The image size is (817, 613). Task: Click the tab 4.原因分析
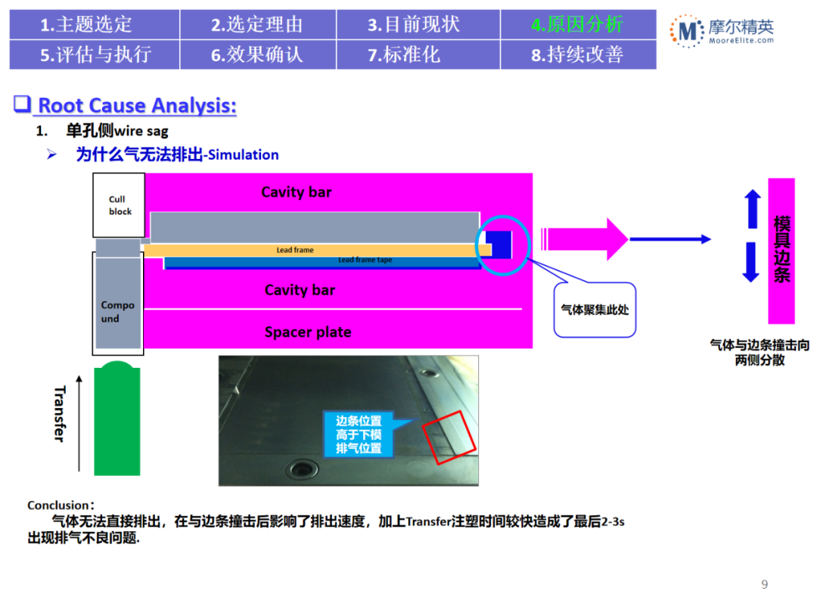pos(577,24)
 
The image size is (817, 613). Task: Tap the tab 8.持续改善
pos(577,54)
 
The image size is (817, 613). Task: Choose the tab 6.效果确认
pos(257,54)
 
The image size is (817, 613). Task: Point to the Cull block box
pos(117,205)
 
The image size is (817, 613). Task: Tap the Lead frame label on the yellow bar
pos(295,250)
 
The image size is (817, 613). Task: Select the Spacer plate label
pos(308,332)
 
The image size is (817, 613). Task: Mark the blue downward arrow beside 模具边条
pos(751,262)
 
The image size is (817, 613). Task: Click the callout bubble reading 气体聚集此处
pos(595,310)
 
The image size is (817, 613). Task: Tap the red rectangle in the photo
pos(449,437)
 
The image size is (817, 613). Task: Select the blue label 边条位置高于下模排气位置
pos(360,434)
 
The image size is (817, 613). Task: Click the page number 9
pos(764,584)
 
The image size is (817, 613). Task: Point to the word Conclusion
pos(58,505)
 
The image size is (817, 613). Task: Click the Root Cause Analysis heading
pos(137,105)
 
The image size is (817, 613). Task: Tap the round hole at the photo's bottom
pos(307,468)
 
